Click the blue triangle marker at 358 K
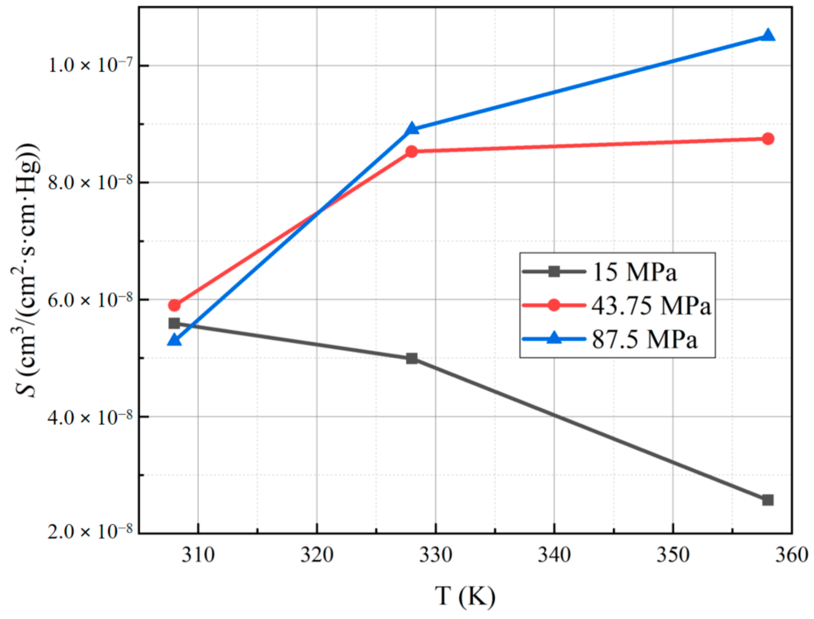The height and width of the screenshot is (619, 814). tap(768, 36)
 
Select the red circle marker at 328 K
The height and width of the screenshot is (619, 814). tap(411, 151)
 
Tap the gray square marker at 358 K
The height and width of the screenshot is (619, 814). tap(768, 500)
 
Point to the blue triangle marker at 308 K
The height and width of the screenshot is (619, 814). tap(174, 340)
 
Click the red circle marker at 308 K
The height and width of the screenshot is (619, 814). tap(174, 305)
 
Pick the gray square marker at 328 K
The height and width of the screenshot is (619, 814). tap(411, 358)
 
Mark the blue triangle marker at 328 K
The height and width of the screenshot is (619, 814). tap(411, 128)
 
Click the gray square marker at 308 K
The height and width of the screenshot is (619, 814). tap(174, 323)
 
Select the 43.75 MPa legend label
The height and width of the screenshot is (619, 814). tap(651, 306)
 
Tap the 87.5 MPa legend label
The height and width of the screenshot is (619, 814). tap(644, 339)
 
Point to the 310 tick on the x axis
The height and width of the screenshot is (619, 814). tap(198, 555)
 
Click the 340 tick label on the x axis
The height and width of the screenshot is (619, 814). tap(554, 555)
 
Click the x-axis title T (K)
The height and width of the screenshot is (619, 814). tap(465, 595)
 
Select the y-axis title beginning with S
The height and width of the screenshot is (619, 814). tap(27, 270)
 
